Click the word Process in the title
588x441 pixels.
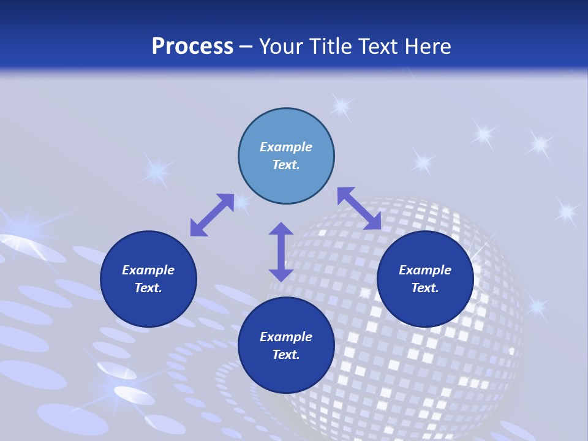(x=192, y=46)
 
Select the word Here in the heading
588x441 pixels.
(x=428, y=46)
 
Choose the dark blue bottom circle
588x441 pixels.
(x=286, y=374)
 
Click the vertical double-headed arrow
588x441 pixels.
(x=281, y=252)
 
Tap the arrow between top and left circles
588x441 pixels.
(x=212, y=215)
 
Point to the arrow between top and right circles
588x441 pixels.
(x=359, y=208)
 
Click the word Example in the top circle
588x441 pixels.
(x=286, y=147)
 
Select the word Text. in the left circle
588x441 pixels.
(x=148, y=288)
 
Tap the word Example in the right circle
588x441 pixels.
(x=425, y=270)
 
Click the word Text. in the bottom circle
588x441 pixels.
(x=286, y=355)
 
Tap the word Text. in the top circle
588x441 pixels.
(x=286, y=165)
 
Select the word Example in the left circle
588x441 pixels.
(x=148, y=270)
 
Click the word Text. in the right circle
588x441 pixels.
(x=425, y=288)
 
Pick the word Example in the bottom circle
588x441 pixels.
(x=286, y=337)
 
